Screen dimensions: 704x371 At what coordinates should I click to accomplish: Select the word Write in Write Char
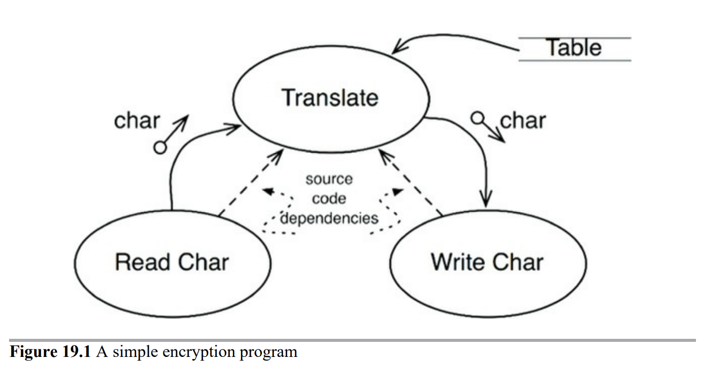pyautogui.click(x=458, y=262)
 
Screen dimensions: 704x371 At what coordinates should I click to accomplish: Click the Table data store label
pyautogui.click(x=574, y=48)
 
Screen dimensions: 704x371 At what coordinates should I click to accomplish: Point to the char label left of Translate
pyautogui.click(x=137, y=121)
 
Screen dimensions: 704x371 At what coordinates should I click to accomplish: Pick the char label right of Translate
pyautogui.click(x=523, y=121)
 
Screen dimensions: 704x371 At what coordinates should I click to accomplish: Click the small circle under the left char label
pyautogui.click(x=160, y=147)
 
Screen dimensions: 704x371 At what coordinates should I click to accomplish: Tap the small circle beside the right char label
pyautogui.click(x=477, y=119)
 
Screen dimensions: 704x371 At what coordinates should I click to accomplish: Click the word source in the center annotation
pyautogui.click(x=329, y=179)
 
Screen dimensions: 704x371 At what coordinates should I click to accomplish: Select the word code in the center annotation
pyautogui.click(x=329, y=199)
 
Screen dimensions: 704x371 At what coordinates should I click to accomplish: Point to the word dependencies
pyautogui.click(x=329, y=218)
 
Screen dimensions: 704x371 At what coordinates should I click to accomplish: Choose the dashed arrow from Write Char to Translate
pyautogui.click(x=410, y=183)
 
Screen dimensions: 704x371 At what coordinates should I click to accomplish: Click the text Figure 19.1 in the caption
pyautogui.click(x=50, y=351)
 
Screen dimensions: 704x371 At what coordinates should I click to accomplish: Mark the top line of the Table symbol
pyautogui.click(x=574, y=38)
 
